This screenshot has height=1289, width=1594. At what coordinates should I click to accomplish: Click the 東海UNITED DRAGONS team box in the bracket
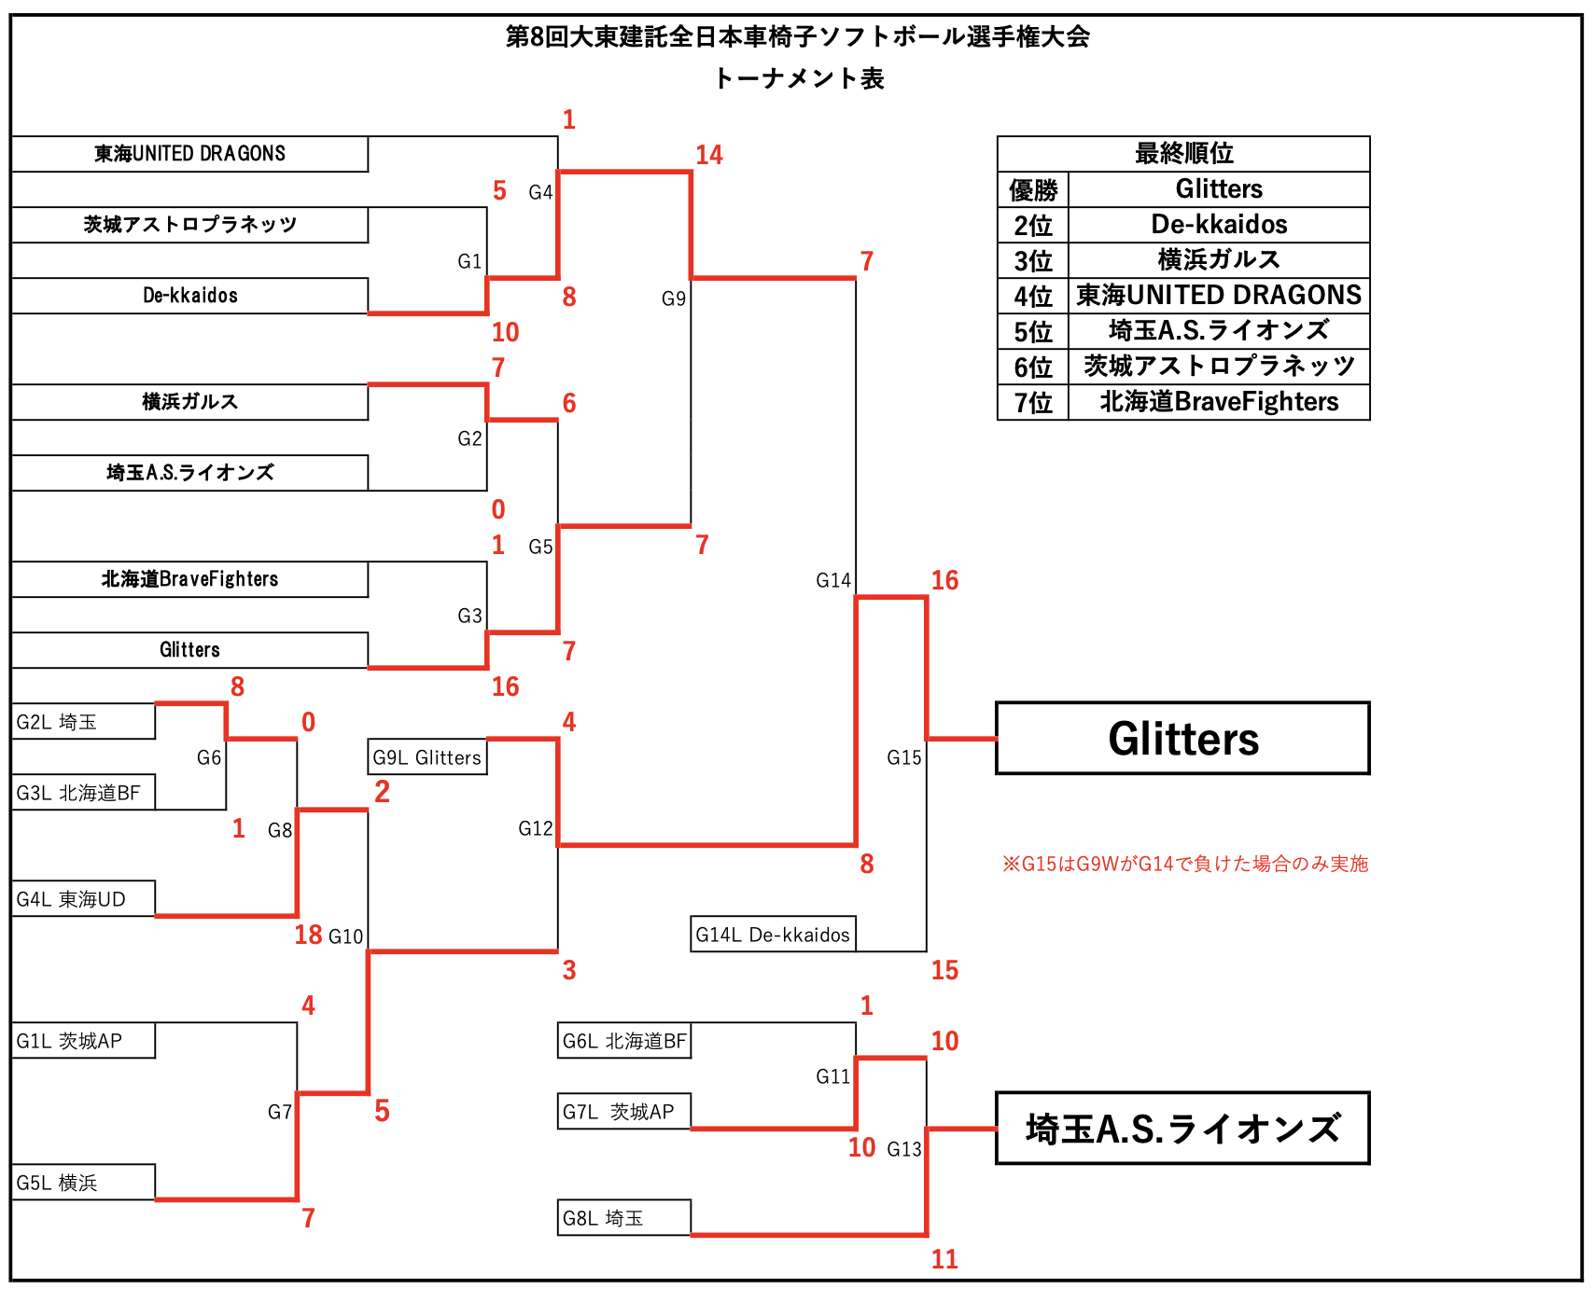click(x=189, y=154)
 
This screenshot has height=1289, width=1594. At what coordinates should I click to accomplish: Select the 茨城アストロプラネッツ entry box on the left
click(x=189, y=225)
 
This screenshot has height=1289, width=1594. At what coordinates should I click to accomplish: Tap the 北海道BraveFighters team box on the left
click(x=189, y=579)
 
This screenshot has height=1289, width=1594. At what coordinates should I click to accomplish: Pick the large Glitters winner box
click(x=1182, y=739)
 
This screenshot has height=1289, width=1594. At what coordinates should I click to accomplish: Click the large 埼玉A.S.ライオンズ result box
click(x=1182, y=1129)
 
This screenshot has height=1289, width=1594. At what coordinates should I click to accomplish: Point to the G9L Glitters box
click(x=427, y=757)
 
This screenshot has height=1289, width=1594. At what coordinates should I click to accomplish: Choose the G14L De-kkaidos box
click(x=773, y=935)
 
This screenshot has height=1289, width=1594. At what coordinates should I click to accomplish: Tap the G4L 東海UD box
click(x=83, y=899)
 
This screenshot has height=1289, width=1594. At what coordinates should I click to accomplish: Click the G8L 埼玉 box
click(x=623, y=1218)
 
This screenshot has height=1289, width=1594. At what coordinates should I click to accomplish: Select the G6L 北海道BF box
click(x=623, y=1041)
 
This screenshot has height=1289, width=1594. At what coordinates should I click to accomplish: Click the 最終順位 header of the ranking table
click(x=1183, y=153)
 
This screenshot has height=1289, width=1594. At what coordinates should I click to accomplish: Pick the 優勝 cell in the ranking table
click(x=1033, y=190)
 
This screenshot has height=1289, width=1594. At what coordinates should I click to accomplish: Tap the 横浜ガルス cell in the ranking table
click(x=1219, y=260)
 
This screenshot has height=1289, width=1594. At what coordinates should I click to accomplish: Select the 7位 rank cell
click(x=1033, y=403)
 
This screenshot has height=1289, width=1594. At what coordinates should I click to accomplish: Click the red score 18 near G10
click(x=308, y=935)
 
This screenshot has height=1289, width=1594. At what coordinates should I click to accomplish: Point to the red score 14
click(x=708, y=155)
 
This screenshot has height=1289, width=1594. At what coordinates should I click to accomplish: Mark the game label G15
click(x=903, y=757)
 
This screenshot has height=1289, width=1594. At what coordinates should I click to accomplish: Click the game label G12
click(x=535, y=828)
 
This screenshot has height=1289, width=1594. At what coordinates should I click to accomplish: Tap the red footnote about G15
click(x=1185, y=864)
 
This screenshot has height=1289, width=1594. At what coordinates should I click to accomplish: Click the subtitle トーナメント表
click(x=798, y=78)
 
